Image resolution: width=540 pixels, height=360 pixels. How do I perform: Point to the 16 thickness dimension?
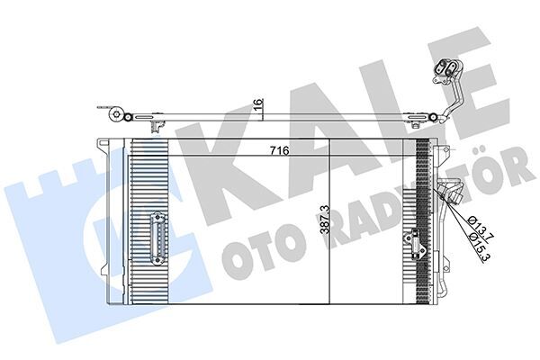pyautogui.click(x=259, y=105)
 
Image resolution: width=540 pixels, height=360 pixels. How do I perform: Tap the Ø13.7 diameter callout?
pyautogui.click(x=478, y=224)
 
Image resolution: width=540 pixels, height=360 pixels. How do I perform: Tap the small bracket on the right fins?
pyautogui.click(x=415, y=241)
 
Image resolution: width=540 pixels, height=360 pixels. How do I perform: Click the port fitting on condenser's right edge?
pyautogui.click(x=450, y=193)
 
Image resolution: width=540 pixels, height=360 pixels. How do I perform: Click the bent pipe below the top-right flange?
pyautogui.click(x=452, y=99)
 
